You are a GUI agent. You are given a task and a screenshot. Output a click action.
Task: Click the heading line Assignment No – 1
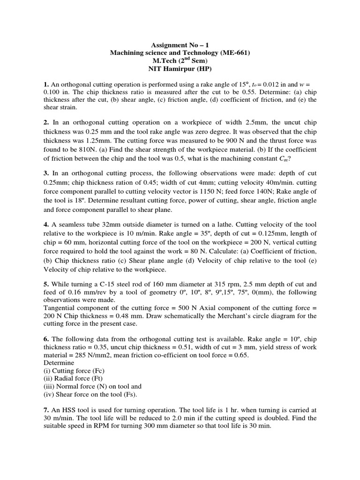[x=180, y=45]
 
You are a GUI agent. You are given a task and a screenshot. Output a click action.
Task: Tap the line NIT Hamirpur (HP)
[x=180, y=69]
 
